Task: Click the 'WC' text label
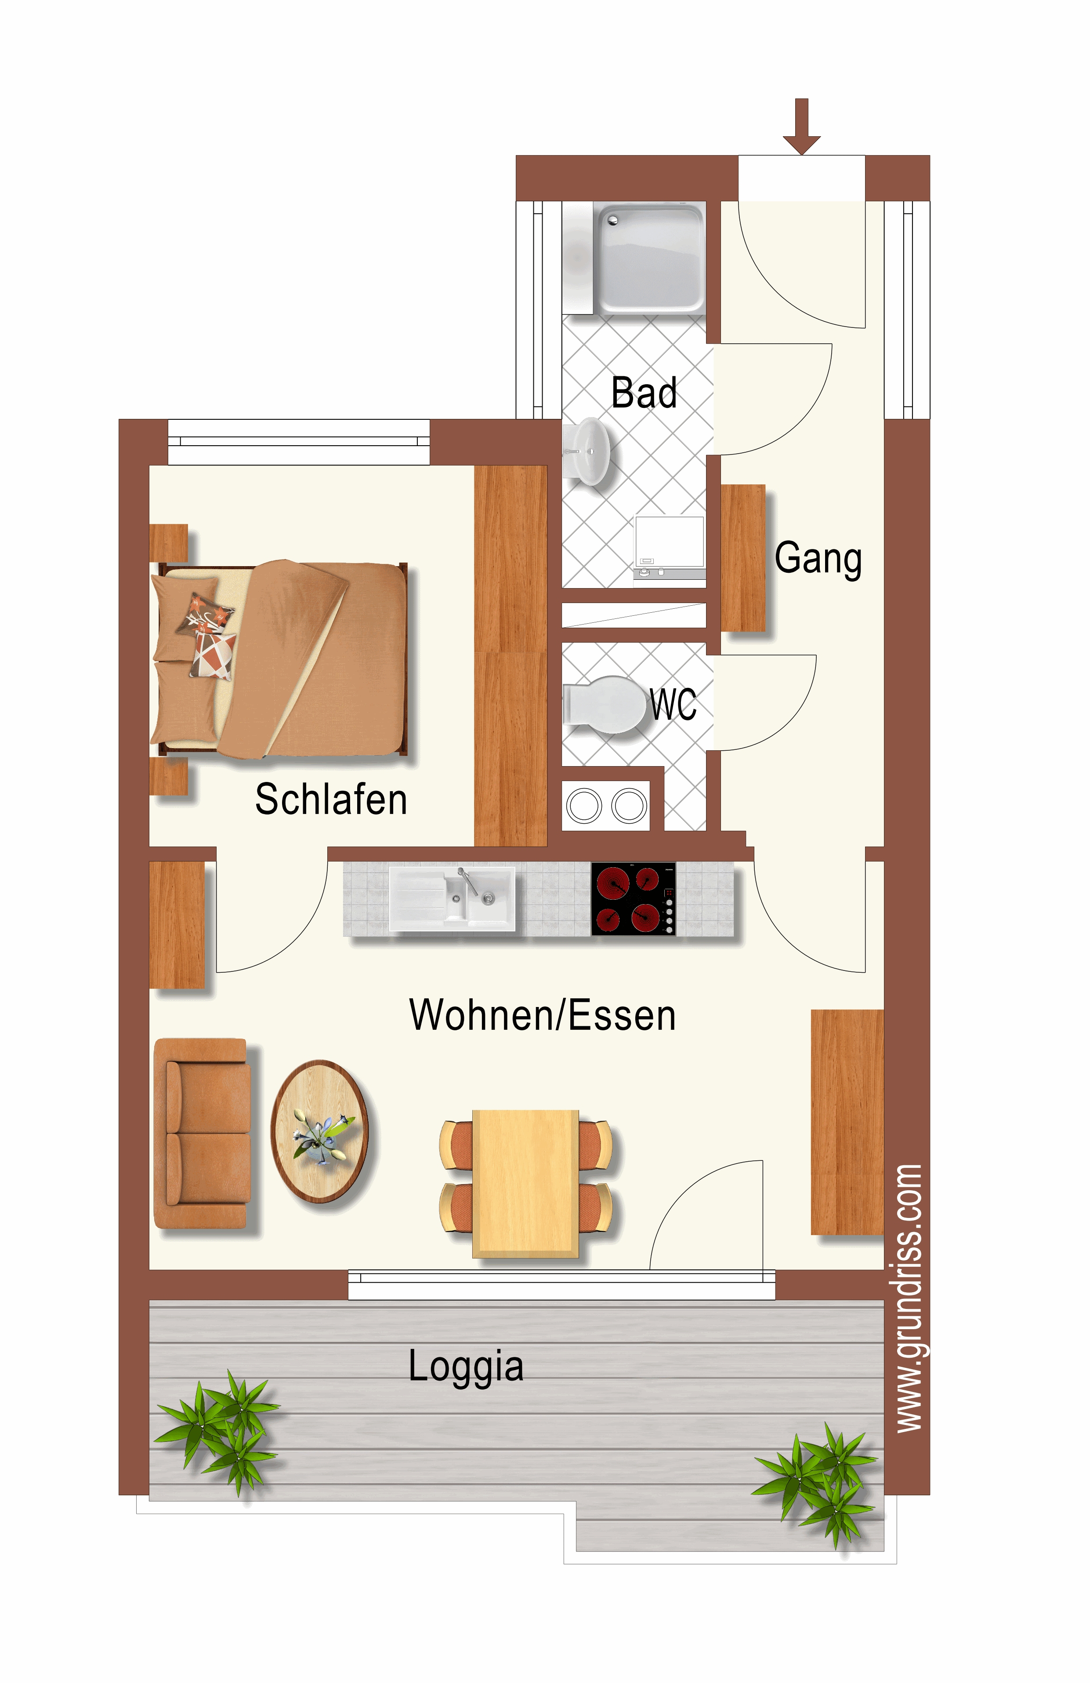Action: (674, 704)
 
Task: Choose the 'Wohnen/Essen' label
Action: (542, 1015)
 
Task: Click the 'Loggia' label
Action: (466, 1366)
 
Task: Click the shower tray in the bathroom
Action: (649, 258)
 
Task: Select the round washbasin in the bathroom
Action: (586, 451)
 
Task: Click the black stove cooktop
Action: (634, 899)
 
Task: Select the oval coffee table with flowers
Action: (319, 1131)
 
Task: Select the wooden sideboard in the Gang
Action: (743, 557)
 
